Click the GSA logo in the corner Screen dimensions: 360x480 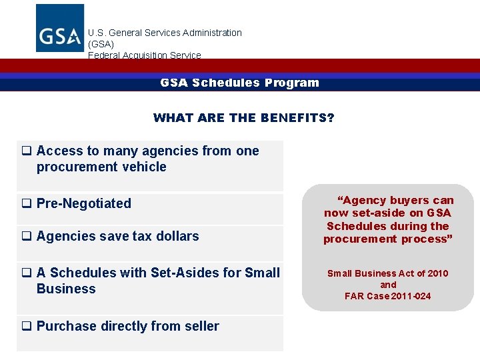[59, 28]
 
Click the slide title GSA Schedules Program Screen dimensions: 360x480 [239, 83]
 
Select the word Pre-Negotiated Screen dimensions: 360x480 [84, 203]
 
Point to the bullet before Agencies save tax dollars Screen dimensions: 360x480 [27, 237]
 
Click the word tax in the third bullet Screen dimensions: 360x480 [135, 236]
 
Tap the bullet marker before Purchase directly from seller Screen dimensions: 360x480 [27, 327]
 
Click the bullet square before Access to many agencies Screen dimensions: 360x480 [27, 151]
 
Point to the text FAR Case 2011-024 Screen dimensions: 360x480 [387, 296]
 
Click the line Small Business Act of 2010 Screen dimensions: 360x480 [387, 273]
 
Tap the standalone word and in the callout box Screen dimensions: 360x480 [387, 285]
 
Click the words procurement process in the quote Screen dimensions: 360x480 [387, 239]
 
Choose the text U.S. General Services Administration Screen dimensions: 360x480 [165, 33]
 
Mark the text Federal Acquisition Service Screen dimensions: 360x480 [144, 55]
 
